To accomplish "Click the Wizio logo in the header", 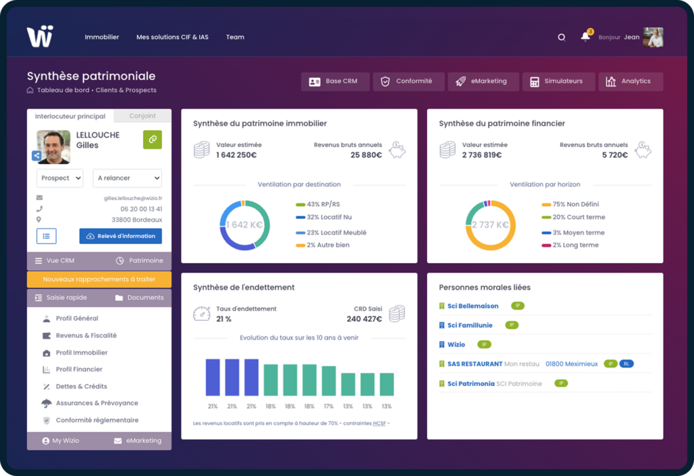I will click(x=39, y=37).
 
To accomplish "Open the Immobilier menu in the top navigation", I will click(x=102, y=37).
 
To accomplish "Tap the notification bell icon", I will click(x=585, y=37).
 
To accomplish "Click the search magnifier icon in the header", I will click(x=561, y=37).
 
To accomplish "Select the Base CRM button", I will click(x=335, y=81).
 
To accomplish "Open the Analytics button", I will click(x=630, y=81).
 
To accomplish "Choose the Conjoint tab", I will click(x=142, y=116).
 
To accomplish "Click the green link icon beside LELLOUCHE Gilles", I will click(x=152, y=139).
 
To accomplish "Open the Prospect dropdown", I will click(x=60, y=178).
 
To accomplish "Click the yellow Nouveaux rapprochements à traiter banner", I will click(x=99, y=279).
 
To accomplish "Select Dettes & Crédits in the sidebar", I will click(x=81, y=386).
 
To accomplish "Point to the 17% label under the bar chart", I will click(x=329, y=406).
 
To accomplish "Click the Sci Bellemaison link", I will click(x=472, y=306).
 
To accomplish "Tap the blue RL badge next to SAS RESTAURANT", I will click(x=626, y=364).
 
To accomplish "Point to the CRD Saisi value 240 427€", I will click(x=364, y=319).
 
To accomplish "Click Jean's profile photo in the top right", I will click(x=653, y=37).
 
